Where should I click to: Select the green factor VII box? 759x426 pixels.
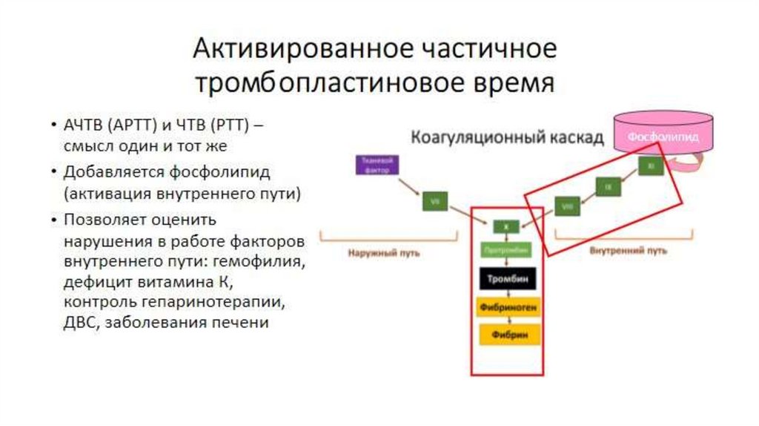coord(434,200)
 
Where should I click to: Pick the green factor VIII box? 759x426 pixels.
coord(568,206)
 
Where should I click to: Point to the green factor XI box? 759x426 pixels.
coord(650,167)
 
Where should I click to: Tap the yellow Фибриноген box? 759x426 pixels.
coord(507,307)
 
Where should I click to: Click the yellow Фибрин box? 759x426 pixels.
coord(507,335)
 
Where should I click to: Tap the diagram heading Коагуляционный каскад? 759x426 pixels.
coord(508,137)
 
